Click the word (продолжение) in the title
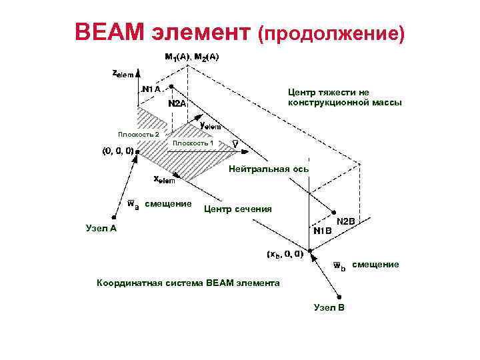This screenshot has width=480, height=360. coord(331,33)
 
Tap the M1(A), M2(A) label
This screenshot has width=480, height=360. coord(191,57)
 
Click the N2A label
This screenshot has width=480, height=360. coord(177,104)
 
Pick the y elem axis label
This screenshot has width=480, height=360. coord(211,125)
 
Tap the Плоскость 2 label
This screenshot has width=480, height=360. coord(138,135)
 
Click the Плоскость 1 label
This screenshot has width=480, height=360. coord(193,143)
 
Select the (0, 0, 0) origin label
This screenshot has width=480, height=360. coord(117,151)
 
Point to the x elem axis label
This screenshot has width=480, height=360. coord(164,179)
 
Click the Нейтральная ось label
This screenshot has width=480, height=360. coord(268,169)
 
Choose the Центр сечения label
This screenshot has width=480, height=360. coord(237,209)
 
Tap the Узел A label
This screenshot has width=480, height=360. coord(102,228)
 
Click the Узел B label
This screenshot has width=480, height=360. coord(329,307)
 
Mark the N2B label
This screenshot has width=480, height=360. coord(347,221)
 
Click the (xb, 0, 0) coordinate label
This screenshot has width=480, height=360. coord(285,254)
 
